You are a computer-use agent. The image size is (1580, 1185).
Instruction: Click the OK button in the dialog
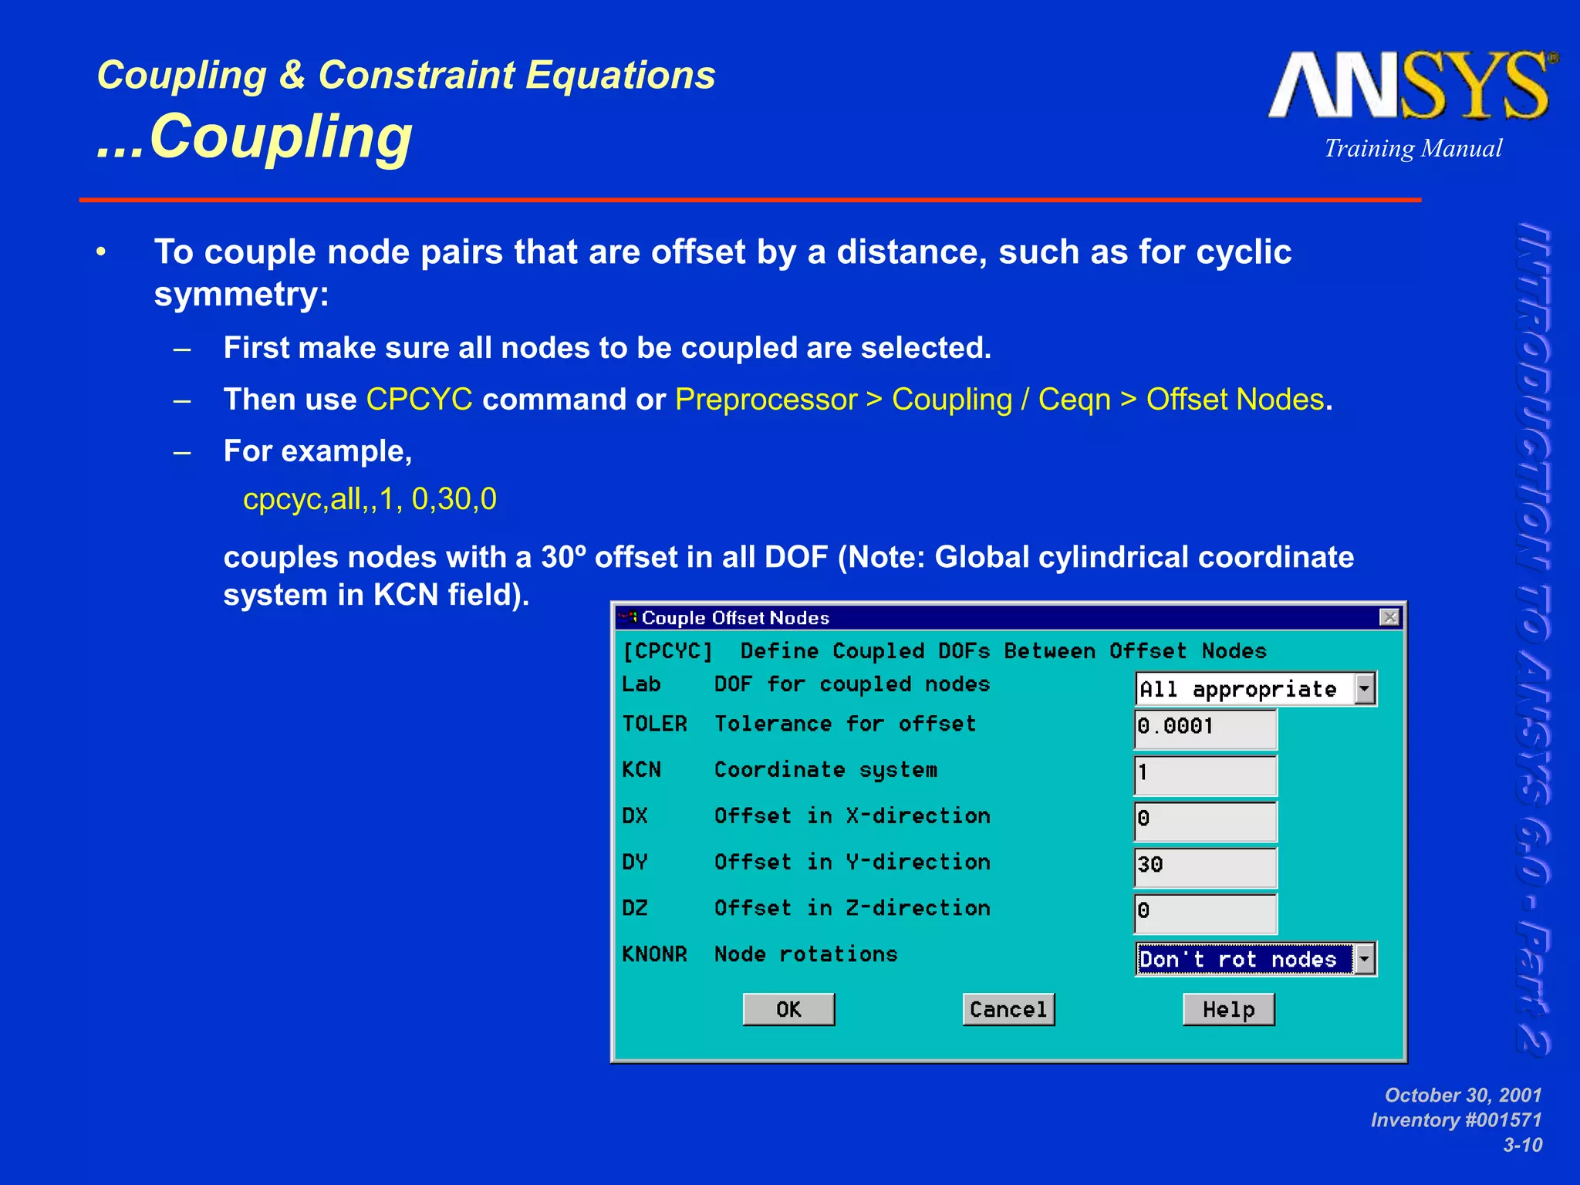tap(788, 1009)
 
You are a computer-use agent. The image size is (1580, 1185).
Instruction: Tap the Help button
tap(1228, 1009)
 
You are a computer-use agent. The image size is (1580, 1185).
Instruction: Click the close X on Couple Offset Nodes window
tap(1389, 617)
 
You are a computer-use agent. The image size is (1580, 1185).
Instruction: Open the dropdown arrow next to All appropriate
tap(1365, 689)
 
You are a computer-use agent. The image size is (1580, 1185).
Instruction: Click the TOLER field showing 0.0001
tap(1205, 728)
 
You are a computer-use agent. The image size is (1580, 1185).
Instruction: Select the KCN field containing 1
tap(1205, 774)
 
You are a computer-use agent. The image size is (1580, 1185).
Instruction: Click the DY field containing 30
tap(1205, 866)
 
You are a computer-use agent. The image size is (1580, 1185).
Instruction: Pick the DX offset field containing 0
tap(1205, 819)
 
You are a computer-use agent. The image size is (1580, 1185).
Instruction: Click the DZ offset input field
tap(1205, 912)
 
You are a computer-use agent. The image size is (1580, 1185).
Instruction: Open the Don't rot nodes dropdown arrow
tap(1365, 960)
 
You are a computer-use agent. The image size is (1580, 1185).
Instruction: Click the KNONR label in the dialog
tap(654, 954)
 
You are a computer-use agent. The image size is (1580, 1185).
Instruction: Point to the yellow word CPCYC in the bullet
tap(419, 400)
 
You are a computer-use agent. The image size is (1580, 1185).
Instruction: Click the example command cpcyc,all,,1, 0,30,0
tap(370, 499)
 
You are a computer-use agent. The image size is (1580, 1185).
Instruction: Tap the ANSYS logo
tap(1410, 86)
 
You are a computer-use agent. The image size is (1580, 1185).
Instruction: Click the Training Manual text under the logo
tap(1413, 148)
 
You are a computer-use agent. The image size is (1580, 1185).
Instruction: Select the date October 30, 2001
tap(1463, 1095)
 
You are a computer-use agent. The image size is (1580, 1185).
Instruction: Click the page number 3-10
tap(1522, 1145)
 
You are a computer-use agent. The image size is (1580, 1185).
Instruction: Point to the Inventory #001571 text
tap(1456, 1120)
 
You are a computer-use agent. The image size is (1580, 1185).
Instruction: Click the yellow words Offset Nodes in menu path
tap(1234, 400)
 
